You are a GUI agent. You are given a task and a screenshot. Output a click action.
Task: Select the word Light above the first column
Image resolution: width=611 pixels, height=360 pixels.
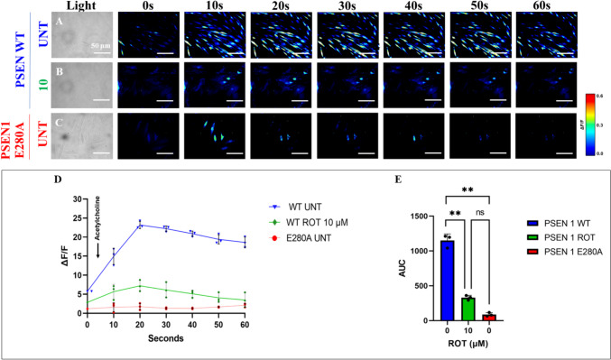pos(81,7)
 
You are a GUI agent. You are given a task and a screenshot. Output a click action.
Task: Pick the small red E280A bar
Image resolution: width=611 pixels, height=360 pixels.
pos(486,317)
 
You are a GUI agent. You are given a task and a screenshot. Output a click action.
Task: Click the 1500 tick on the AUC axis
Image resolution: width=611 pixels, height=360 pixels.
pos(424,217)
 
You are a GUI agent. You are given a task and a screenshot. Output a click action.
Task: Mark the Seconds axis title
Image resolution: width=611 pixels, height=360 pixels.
pos(165,340)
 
